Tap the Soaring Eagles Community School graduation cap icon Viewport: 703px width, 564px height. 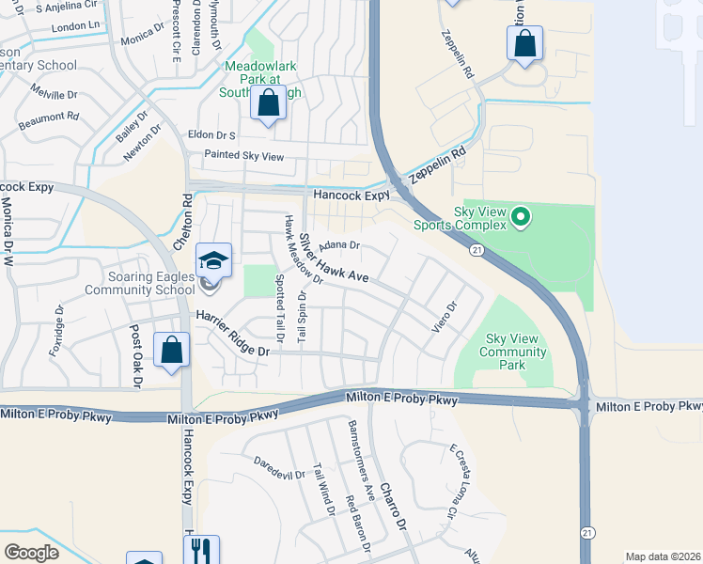click(x=213, y=260)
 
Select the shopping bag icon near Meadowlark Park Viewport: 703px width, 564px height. click(x=269, y=105)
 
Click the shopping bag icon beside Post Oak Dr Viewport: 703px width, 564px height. click(x=172, y=350)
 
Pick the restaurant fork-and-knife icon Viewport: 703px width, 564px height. click(x=202, y=550)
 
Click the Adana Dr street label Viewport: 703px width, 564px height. click(x=339, y=245)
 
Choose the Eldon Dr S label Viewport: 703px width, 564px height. click(x=212, y=134)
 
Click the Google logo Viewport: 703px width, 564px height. click(x=31, y=552)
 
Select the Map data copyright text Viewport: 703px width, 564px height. click(x=662, y=556)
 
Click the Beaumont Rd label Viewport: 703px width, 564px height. click(x=47, y=117)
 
